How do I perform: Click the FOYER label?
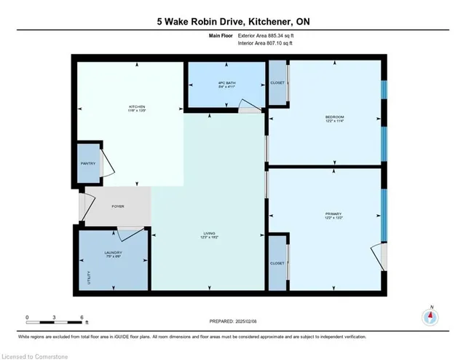[x=117, y=206]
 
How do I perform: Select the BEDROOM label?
[x=334, y=117]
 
